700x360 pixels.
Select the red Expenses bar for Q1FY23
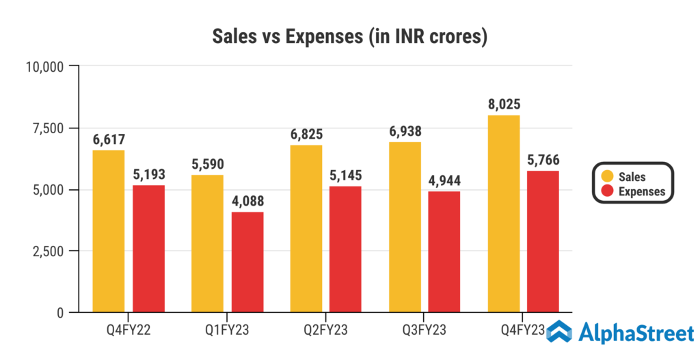click(247, 262)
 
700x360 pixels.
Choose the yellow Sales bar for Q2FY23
click(306, 228)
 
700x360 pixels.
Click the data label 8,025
click(504, 105)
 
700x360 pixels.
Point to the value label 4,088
click(247, 202)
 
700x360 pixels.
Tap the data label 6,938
click(405, 132)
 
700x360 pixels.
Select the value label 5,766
click(543, 161)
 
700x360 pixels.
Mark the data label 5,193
click(148, 175)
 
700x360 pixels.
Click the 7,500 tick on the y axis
click(45, 128)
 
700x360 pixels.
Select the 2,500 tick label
click(45, 251)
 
